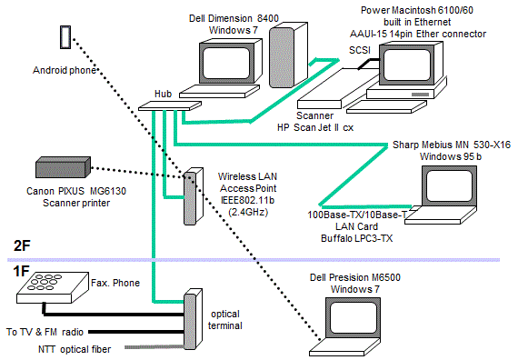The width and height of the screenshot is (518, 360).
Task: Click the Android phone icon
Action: coord(65,37)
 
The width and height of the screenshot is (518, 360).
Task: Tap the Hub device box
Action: coord(170,105)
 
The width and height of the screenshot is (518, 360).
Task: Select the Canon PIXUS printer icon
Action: coord(63,167)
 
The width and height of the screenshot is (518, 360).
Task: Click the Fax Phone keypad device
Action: coord(53,287)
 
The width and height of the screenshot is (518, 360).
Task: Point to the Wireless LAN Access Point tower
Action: coord(193,196)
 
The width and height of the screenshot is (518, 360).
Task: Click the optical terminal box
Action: coord(193,319)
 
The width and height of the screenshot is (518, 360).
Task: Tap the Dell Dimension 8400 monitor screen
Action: coord(226,63)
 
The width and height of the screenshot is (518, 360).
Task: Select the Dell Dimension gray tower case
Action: coord(288,55)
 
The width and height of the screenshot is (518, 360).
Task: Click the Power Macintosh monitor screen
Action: coord(407,65)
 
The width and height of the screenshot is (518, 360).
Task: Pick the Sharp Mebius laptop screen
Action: coord(449,185)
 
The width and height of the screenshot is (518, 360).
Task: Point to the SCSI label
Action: coord(360,50)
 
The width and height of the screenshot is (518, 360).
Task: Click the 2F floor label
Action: coord(22,245)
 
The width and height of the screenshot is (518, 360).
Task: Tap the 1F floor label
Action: coord(21,272)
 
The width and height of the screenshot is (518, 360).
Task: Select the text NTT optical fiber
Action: coord(75,349)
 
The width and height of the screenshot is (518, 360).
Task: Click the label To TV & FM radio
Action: coord(45,332)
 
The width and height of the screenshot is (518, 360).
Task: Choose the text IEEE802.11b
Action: coord(248,200)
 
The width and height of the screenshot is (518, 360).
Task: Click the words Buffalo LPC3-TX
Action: coord(357,238)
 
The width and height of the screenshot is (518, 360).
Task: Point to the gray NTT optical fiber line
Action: coord(154,347)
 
